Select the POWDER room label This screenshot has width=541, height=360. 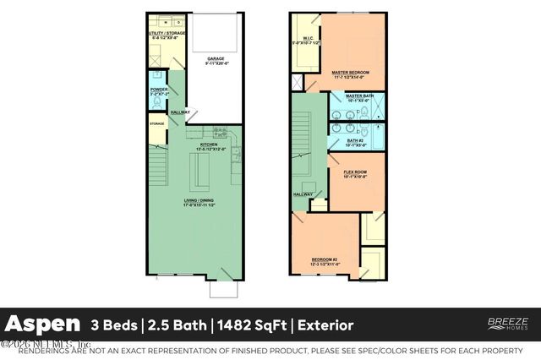(x=159, y=89)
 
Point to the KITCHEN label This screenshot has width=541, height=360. (x=209, y=145)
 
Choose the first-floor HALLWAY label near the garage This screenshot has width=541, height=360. (x=180, y=112)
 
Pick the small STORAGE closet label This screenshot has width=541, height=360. (x=157, y=124)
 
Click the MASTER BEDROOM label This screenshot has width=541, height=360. (x=352, y=73)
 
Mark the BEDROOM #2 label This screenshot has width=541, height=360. (x=325, y=260)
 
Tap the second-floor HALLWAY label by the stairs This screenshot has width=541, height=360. (x=303, y=194)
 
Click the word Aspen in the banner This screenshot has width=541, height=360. (x=44, y=325)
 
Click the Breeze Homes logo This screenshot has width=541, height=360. (x=508, y=324)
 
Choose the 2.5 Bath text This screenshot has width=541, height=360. (x=178, y=325)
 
